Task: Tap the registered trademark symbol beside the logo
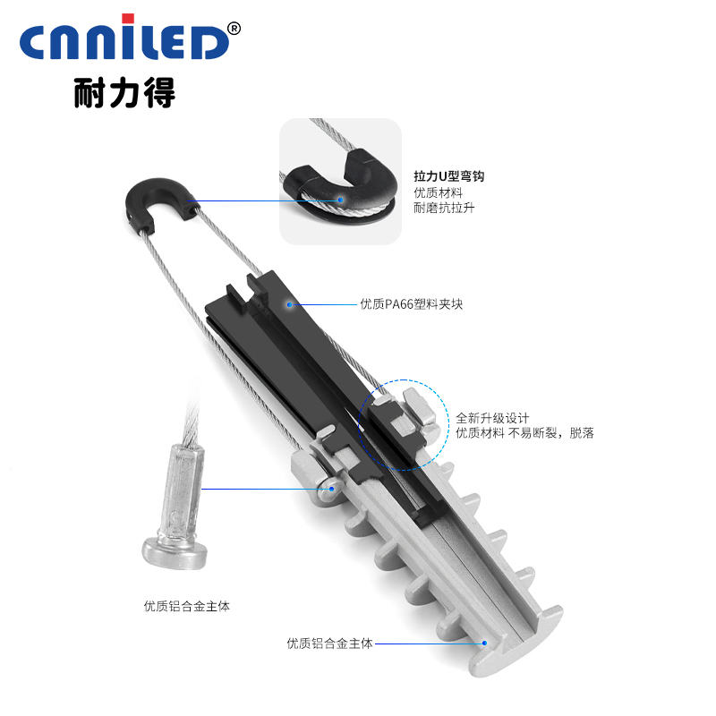(234, 29)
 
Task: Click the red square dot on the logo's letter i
(128, 19)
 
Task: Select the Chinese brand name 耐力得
(124, 93)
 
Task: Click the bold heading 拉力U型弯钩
(449, 176)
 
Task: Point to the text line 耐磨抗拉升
(444, 209)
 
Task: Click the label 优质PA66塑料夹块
(412, 304)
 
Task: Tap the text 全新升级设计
(492, 418)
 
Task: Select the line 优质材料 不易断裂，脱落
(524, 433)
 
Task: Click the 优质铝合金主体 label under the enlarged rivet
(187, 607)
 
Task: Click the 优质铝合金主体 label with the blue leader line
(329, 644)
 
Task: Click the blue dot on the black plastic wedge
(289, 304)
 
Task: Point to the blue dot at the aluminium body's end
(484, 643)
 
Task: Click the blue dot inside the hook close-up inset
(340, 200)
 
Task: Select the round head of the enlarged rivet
(174, 551)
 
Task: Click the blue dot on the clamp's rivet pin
(332, 489)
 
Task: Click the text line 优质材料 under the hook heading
(438, 192)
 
